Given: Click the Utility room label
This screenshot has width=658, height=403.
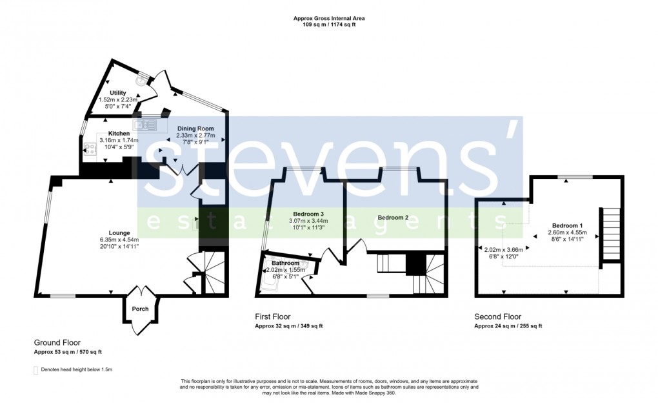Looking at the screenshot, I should click(117, 93).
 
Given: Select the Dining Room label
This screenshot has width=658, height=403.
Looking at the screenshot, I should click(195, 129).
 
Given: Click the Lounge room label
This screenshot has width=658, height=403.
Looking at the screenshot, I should click(119, 232).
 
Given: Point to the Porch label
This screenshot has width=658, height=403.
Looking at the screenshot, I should click(140, 309).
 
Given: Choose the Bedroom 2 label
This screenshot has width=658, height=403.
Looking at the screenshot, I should click(393, 217).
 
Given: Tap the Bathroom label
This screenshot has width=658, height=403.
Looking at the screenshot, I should click(285, 263).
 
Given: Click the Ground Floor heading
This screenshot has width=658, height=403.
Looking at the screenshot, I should click(57, 342).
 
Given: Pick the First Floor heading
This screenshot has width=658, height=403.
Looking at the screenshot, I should click(272, 316).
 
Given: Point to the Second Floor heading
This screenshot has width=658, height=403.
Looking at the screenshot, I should click(497, 316).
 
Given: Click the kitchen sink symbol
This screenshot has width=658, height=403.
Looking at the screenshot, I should click(145, 124).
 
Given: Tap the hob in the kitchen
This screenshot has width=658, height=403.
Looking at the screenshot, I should click(89, 149).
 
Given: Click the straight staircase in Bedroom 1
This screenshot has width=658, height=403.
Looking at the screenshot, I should click(610, 236).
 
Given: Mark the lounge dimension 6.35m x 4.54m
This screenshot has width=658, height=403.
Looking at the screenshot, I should click(119, 240).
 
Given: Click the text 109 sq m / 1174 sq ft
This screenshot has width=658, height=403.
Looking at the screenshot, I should click(329, 25).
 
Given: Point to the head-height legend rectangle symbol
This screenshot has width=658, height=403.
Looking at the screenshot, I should click(35, 370).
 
